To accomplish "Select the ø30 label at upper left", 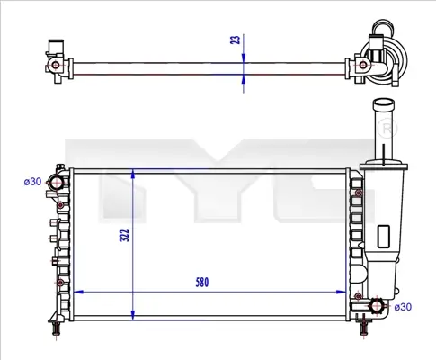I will [x=32, y=182].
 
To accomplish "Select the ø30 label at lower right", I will [x=404, y=308].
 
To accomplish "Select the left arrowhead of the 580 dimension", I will [x=76, y=292].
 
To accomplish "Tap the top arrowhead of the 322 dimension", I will [x=135, y=172].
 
